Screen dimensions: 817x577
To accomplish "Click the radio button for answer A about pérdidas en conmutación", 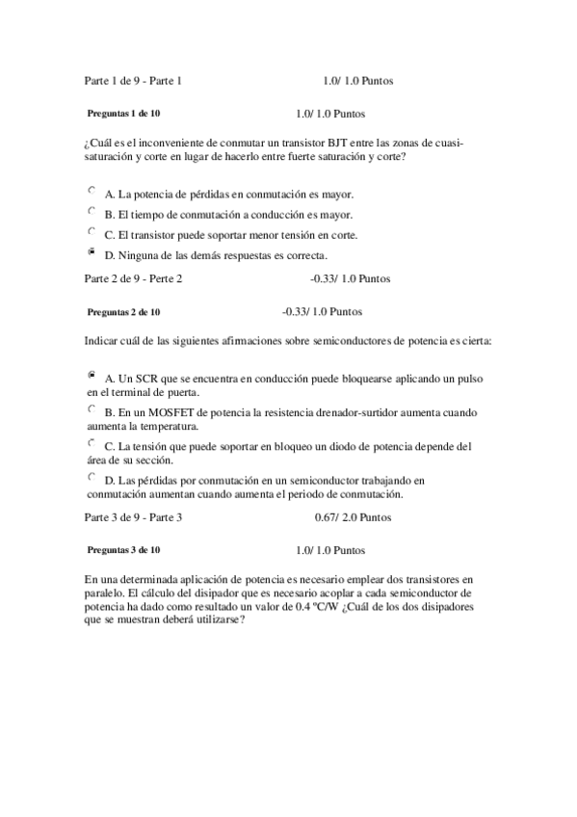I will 92,191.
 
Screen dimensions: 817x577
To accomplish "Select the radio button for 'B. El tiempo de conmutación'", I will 92,211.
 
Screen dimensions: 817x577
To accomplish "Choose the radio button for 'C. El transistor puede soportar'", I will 92,232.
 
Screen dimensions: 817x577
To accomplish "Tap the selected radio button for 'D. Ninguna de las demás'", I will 92,252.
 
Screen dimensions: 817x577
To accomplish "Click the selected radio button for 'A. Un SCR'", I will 92,373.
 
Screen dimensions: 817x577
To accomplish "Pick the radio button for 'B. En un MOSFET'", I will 92,408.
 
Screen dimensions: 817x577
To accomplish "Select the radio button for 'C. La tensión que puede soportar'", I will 92,443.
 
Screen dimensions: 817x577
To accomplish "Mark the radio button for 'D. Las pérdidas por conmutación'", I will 92,476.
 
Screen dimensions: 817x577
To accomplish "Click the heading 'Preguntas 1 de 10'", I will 123,112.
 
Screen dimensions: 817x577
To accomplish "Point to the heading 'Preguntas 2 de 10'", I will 123,312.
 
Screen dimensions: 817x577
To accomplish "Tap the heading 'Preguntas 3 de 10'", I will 123,549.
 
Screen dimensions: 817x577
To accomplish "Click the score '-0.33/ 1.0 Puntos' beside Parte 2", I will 351,278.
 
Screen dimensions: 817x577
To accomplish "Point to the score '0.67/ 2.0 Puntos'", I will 353,516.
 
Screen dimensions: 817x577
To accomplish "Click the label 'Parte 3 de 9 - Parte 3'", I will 133,516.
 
